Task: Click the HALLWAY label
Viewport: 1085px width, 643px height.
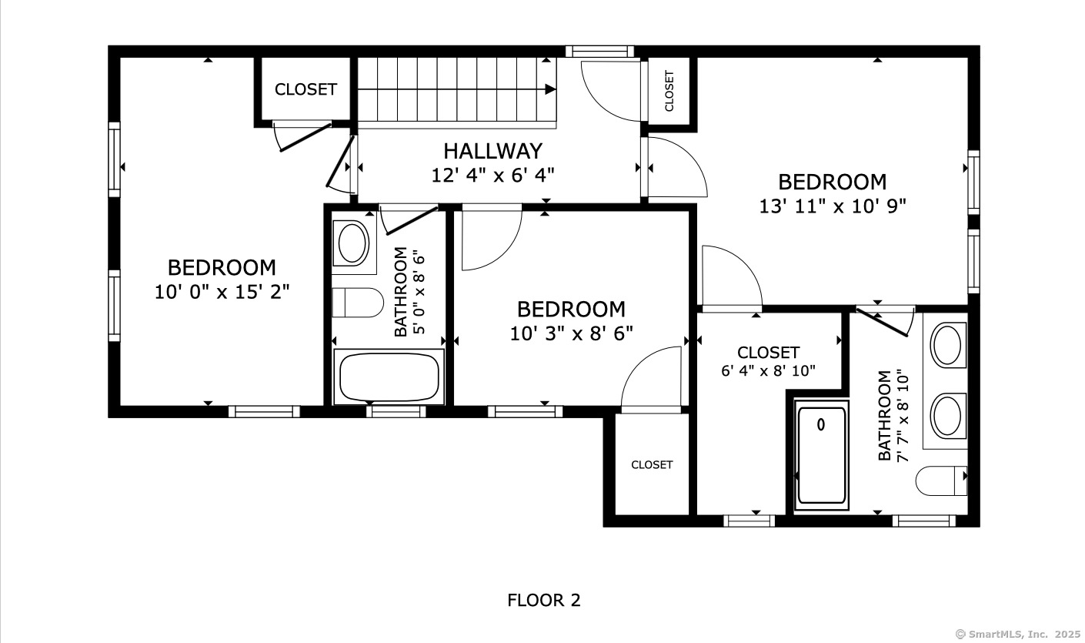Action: coord(492,151)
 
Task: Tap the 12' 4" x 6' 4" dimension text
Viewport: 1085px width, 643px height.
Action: coord(492,175)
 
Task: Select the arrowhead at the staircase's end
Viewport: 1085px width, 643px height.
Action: coord(550,89)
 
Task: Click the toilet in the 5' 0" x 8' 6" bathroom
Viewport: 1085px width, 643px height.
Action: coord(358,303)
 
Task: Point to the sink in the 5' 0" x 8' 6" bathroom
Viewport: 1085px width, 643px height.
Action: coord(352,243)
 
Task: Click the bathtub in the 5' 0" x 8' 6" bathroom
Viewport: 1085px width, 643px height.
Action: coord(389,377)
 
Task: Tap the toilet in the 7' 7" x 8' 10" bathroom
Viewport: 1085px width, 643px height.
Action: coord(941,481)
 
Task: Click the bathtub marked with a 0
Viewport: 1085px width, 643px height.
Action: coord(821,455)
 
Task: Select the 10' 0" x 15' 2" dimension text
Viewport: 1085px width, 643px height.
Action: coord(222,292)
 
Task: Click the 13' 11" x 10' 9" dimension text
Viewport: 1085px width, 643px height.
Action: coord(832,206)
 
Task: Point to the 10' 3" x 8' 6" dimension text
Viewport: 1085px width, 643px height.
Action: coord(572,333)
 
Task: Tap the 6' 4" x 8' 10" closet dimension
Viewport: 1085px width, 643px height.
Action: coord(768,370)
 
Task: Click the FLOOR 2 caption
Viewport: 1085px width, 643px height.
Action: coord(543,601)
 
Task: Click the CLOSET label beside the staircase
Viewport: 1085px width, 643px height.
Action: coord(305,89)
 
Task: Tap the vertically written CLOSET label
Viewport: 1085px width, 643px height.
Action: coord(669,91)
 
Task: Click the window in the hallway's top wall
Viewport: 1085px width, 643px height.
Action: coord(599,52)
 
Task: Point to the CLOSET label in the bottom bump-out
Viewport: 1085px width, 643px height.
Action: coord(652,464)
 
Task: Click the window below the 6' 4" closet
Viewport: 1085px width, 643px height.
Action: coord(749,521)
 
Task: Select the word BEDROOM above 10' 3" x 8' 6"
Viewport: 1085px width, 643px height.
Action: coord(572,309)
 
